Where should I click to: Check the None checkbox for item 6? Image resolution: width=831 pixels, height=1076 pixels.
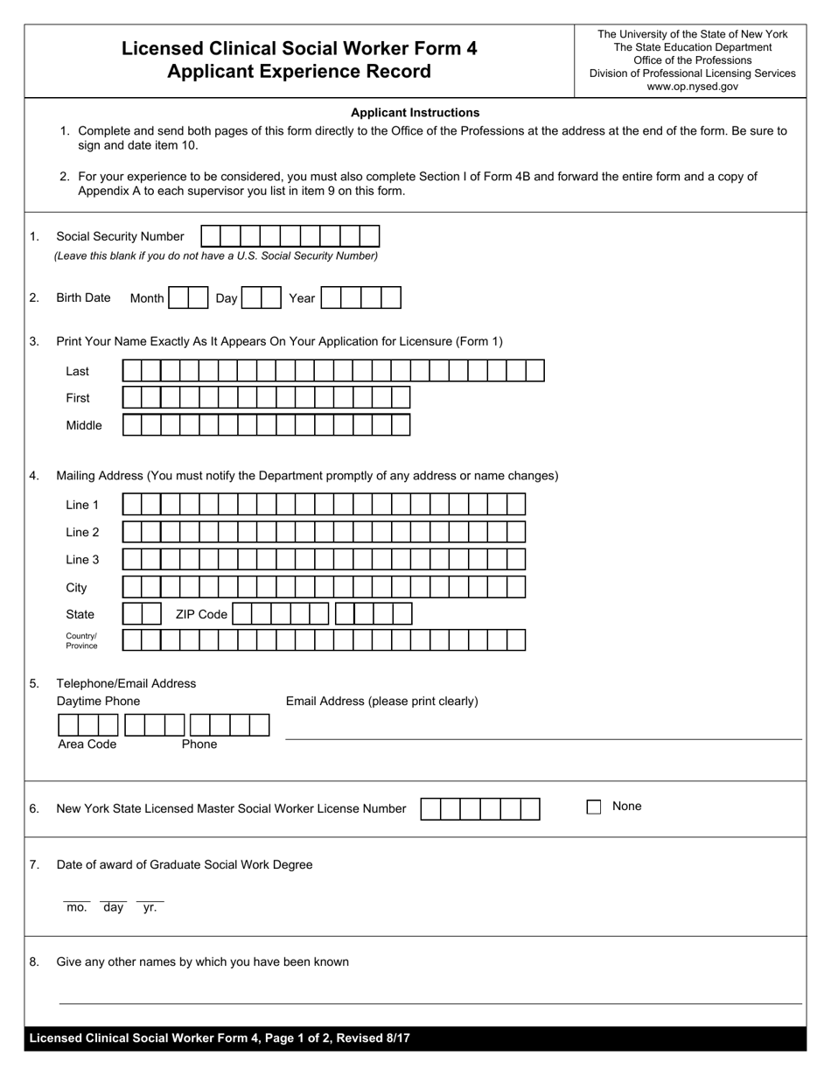pos(594,807)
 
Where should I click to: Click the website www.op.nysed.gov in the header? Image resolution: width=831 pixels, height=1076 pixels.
pos(692,87)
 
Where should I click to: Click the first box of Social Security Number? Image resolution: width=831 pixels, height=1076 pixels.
pos(211,236)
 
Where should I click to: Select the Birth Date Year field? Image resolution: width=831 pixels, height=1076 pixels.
pos(360,298)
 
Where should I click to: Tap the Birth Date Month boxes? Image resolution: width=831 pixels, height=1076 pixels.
pos(188,298)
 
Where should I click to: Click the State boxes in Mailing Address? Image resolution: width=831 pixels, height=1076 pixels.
pos(142,614)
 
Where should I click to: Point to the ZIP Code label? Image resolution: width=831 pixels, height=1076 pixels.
pos(201,614)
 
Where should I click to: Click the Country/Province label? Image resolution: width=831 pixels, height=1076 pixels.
pos(81,640)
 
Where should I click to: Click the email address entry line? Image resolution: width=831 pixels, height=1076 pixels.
pos(542,731)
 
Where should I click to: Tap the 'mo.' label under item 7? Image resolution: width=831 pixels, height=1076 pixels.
pos(77,908)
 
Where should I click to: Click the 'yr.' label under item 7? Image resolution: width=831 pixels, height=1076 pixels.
pos(150,908)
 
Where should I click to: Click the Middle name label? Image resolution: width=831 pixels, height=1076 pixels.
pos(84,425)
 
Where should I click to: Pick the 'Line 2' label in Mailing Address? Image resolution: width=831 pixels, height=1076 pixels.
pos(82,532)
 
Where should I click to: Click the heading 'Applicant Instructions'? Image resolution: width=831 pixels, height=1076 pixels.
pos(415,113)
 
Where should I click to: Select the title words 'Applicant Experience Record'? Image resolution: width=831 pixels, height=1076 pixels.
pos(299,72)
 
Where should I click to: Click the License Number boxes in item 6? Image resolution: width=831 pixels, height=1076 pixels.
pos(479,809)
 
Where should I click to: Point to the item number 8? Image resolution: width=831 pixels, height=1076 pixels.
pos(34,962)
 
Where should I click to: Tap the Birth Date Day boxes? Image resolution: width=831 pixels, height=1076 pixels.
pos(261,298)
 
